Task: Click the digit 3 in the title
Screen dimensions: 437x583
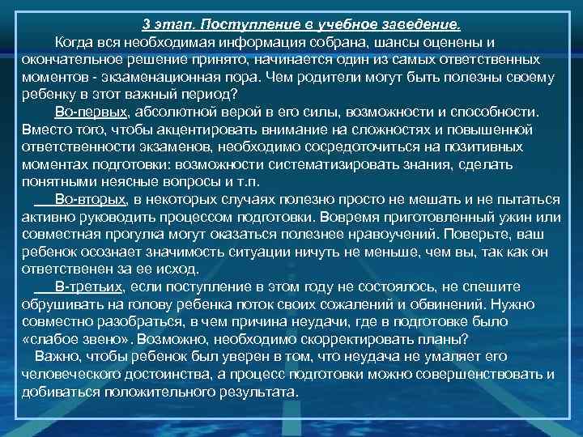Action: [147, 23]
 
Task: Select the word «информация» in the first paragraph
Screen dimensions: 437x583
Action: [271, 42]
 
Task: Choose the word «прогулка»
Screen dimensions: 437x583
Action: [134, 234]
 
